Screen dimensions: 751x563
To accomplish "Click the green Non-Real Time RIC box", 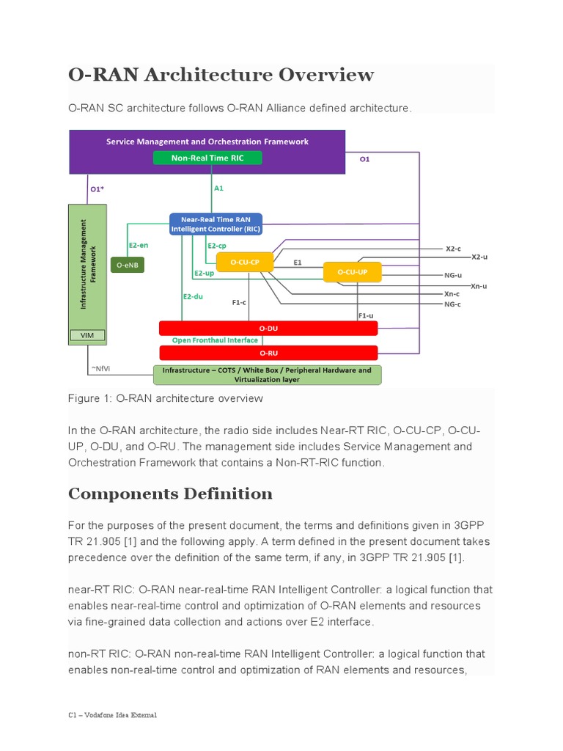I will pyautogui.click(x=207, y=158).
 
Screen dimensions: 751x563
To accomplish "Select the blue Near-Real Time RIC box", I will pyautogui.click(x=216, y=224).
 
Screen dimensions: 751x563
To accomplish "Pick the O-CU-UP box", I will pyautogui.click(x=353, y=272).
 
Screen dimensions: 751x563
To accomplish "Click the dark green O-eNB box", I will pyautogui.click(x=128, y=265).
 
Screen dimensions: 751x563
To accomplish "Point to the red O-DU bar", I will pyautogui.click(x=268, y=328).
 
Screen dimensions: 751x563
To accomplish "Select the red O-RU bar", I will pyautogui.click(x=268, y=353).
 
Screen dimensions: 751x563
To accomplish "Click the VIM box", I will pyautogui.click(x=87, y=335).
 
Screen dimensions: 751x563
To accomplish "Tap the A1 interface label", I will pyautogui.click(x=218, y=188).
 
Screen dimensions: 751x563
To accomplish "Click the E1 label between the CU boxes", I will pyautogui.click(x=298, y=262).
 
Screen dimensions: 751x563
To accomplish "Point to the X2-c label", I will pyautogui.click(x=453, y=249).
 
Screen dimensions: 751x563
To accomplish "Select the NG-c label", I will pyautogui.click(x=452, y=304).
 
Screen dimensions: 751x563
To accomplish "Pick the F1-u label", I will pyautogui.click(x=365, y=315).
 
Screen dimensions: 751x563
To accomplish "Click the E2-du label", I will pyautogui.click(x=192, y=296).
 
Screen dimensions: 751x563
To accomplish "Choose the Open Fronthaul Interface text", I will pyautogui.click(x=215, y=340).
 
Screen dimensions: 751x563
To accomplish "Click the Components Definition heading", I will pyautogui.click(x=170, y=494).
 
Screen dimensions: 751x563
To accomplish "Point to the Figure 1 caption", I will pyautogui.click(x=165, y=398).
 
